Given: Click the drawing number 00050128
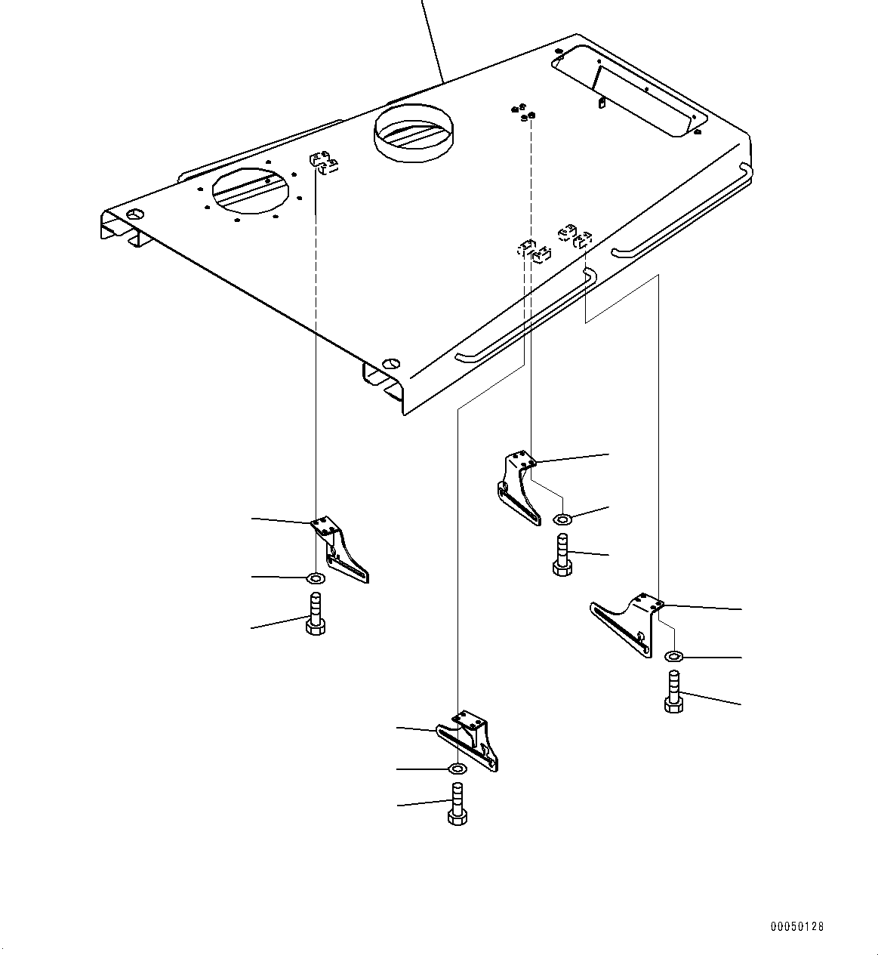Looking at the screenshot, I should (x=797, y=926).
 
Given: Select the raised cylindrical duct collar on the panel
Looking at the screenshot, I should (x=413, y=133).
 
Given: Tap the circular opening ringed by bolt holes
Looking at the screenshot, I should (x=250, y=189).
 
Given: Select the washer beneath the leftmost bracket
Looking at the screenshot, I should (x=316, y=578).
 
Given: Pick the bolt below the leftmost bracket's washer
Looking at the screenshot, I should (x=316, y=615).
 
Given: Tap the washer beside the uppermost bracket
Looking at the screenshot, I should (x=562, y=519).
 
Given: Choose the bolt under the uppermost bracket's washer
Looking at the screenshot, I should (x=562, y=555).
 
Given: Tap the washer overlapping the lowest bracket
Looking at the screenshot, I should (x=457, y=769).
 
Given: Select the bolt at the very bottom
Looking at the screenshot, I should (x=457, y=805).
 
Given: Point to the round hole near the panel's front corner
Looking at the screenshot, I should (x=390, y=362).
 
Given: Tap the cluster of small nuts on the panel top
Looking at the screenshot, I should (x=522, y=112).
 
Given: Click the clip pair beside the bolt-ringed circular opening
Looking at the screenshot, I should (x=323, y=163).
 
